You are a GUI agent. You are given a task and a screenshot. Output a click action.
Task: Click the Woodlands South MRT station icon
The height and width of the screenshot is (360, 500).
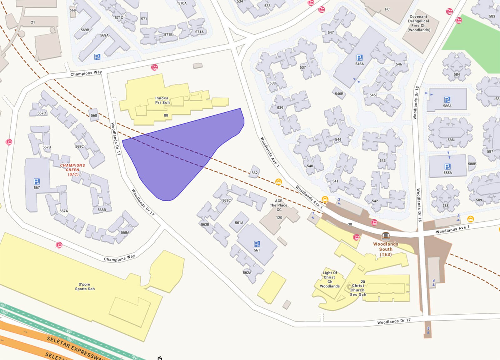pos(386,236)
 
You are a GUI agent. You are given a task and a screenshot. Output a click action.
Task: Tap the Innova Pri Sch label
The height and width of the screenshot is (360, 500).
pos(162,100)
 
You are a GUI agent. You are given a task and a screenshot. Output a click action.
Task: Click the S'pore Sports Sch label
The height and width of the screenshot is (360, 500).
pos(85,286)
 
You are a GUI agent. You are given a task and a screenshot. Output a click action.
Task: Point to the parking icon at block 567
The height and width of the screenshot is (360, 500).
pos(37,181)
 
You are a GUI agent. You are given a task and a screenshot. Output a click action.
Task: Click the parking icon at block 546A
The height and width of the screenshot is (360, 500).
pos(359,58)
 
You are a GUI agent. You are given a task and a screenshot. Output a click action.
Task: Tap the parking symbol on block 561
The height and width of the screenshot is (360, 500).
pos(257,244)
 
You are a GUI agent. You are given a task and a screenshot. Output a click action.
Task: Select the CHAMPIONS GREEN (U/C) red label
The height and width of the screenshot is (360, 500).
pos(72,170)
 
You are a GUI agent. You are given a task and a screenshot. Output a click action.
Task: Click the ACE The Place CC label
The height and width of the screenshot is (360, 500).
pos(278,205)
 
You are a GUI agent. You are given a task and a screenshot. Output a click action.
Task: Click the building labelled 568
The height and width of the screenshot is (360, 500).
pos(94,115)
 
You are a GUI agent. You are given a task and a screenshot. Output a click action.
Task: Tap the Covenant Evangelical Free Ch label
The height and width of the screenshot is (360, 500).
pos(418,23)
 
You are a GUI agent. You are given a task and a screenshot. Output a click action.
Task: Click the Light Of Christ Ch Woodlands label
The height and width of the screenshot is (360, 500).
pos(329,279)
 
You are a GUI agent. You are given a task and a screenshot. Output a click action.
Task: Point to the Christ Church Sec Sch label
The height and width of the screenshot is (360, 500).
pos(358,290)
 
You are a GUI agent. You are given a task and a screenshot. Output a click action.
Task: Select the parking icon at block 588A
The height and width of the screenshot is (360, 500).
pos(447,166)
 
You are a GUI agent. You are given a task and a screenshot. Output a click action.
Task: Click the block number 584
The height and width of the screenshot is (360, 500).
pos(457,74)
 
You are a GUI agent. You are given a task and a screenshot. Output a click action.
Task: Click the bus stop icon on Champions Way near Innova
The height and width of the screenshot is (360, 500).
pos(154,67)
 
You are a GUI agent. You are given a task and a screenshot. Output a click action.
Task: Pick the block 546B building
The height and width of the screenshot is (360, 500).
pos(339,93)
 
